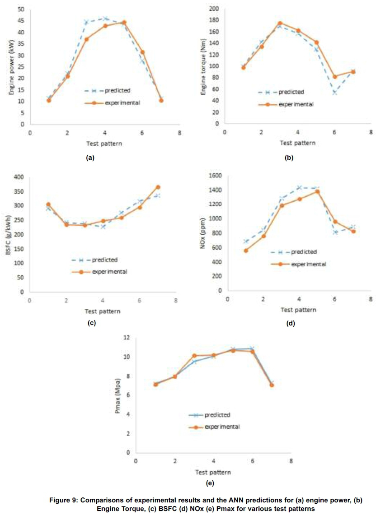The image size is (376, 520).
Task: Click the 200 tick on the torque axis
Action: point(214,9)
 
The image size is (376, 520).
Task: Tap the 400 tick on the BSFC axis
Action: point(20,177)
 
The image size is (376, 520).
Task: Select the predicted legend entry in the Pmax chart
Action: point(217,415)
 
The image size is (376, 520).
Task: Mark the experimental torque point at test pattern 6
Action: point(335,77)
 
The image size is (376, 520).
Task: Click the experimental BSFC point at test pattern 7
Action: point(158,187)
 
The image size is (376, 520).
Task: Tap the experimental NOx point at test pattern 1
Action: point(246,251)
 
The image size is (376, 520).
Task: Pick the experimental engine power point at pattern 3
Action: point(86,39)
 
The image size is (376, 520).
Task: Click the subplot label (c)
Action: point(92,323)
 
